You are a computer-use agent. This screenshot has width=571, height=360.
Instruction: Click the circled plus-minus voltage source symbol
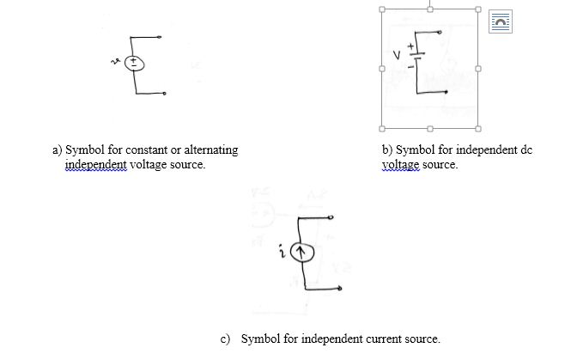136,63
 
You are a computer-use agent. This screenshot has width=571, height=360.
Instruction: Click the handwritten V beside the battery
398,56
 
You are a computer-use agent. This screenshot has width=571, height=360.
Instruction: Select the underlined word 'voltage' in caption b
400,164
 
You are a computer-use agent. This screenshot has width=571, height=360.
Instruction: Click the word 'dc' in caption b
526,150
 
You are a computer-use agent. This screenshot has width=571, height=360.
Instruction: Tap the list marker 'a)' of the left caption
58,150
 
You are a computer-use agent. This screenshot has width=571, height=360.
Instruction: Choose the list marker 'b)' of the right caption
387,150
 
